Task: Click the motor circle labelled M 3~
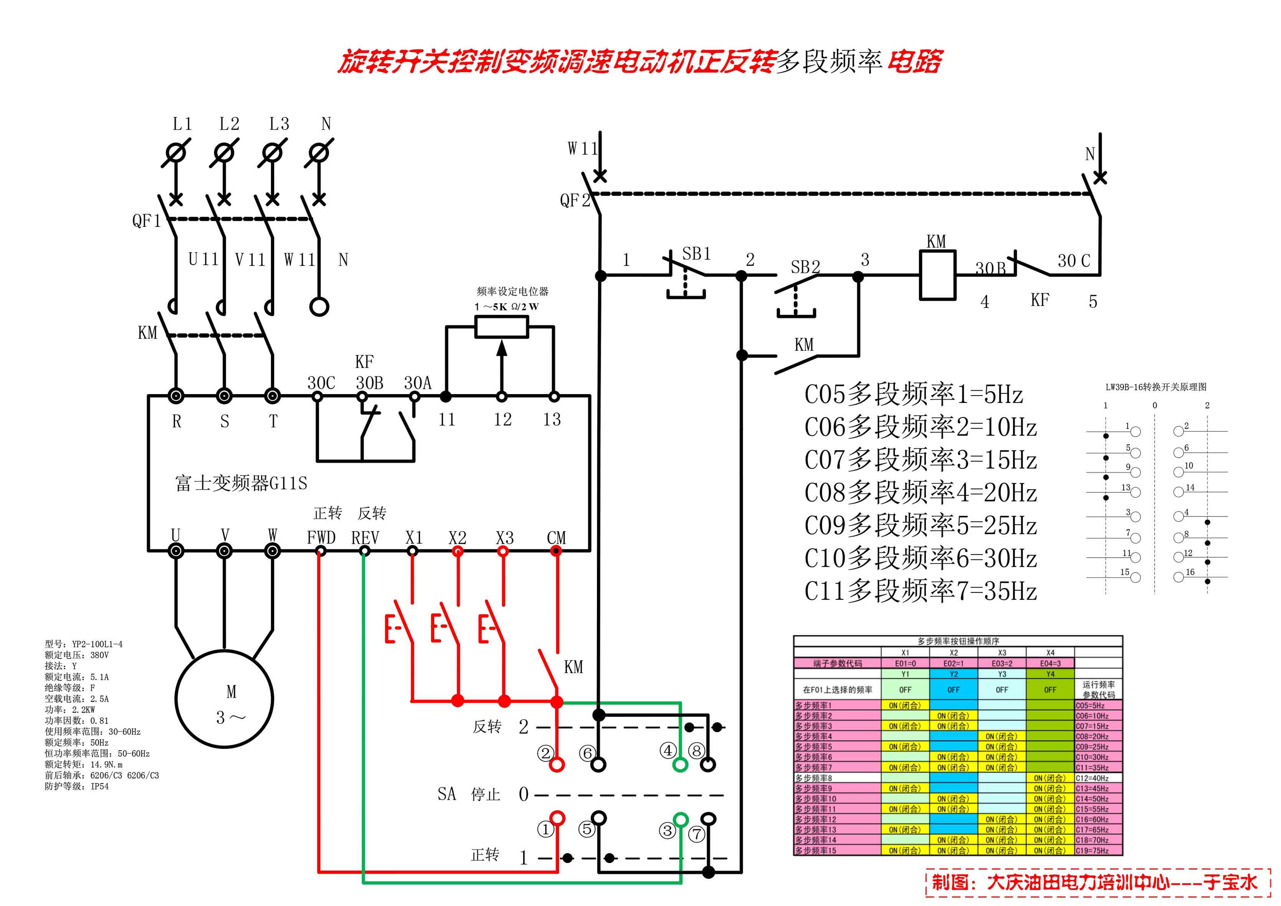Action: (x=224, y=699)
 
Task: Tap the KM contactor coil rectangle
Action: (x=938, y=276)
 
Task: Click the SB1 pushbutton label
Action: (x=696, y=254)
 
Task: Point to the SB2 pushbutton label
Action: (x=805, y=267)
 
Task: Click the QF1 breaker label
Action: (x=146, y=221)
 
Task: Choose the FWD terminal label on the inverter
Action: (x=321, y=538)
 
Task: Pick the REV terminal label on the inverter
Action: (x=365, y=538)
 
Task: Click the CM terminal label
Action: (x=556, y=538)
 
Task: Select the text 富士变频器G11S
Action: (x=241, y=483)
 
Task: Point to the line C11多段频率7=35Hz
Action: (x=920, y=591)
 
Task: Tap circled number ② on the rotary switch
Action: (x=545, y=753)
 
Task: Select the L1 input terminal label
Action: (x=182, y=124)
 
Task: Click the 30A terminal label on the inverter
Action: (x=417, y=383)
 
